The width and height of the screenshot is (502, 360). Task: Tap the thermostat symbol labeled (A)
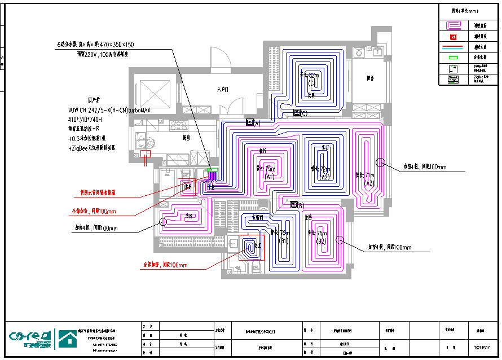click(x=250, y=122)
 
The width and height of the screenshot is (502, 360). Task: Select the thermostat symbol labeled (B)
click(x=293, y=205)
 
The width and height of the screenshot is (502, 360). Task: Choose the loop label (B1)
click(x=284, y=241)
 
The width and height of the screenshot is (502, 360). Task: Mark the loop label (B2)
click(x=321, y=241)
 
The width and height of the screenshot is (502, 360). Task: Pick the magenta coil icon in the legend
click(x=453, y=25)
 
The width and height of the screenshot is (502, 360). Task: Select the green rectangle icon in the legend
click(x=453, y=57)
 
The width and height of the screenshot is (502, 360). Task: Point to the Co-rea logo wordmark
click(x=31, y=338)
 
